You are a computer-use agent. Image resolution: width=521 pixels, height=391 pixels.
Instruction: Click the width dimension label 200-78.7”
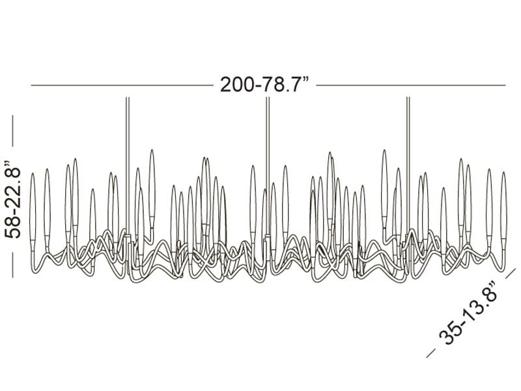264,85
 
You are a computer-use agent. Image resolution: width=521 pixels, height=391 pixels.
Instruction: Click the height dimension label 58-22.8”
12,199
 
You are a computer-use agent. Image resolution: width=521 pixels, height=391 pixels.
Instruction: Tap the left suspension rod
127,166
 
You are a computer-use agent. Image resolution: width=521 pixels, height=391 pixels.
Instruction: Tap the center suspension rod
268,166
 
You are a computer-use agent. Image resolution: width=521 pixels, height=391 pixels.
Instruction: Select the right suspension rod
408,166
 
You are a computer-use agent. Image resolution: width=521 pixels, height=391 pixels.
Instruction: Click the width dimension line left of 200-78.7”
122,85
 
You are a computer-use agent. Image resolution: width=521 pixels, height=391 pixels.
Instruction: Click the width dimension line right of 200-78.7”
411,85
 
